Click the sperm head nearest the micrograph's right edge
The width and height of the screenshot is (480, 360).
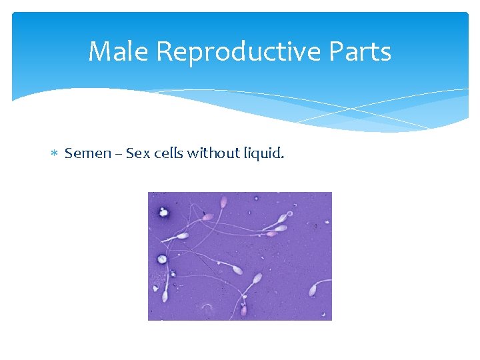(312, 290)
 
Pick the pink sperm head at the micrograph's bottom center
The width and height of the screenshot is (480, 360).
(243, 310)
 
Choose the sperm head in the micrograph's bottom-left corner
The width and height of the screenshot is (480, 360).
(165, 296)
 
